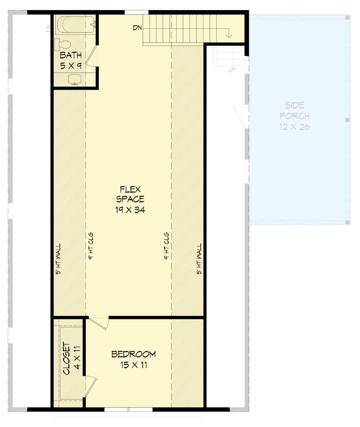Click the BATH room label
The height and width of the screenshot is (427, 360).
[71, 56]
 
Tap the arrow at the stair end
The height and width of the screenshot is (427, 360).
[229, 35]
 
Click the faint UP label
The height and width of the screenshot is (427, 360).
[232, 70]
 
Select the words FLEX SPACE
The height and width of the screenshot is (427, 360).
[130, 194]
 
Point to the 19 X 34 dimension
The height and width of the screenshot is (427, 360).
[130, 210]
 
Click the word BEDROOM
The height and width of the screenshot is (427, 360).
[134, 354]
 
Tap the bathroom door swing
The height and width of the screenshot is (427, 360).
[93, 56]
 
